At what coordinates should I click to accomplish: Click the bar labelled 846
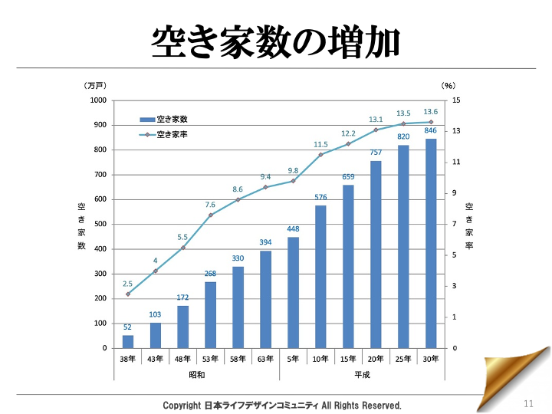431,243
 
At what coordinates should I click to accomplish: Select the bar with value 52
128,342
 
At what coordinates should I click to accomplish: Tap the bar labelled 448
293,292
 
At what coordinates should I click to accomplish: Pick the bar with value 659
348,266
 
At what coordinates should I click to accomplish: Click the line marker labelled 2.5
128,294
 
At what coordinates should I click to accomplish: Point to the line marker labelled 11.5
320,155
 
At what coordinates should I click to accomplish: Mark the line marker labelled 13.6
431,122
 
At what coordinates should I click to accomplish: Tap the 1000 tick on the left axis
97,100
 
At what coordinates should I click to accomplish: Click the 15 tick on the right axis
456,100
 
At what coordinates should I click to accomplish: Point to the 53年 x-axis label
210,359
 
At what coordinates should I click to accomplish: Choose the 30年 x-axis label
431,359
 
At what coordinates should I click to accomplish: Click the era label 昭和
197,374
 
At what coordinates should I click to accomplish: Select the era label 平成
362,374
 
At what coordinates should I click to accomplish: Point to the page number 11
528,404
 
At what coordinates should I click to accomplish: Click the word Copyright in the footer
183,405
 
